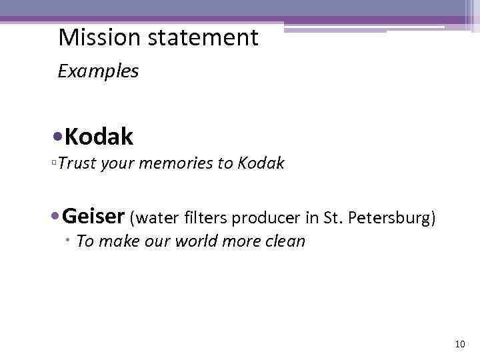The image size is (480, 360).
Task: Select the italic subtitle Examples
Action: (x=98, y=71)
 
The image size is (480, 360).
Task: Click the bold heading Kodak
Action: (x=99, y=137)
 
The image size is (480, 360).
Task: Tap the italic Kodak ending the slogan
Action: (x=261, y=163)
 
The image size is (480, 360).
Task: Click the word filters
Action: (x=204, y=217)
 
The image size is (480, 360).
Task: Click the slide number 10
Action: (x=459, y=344)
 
